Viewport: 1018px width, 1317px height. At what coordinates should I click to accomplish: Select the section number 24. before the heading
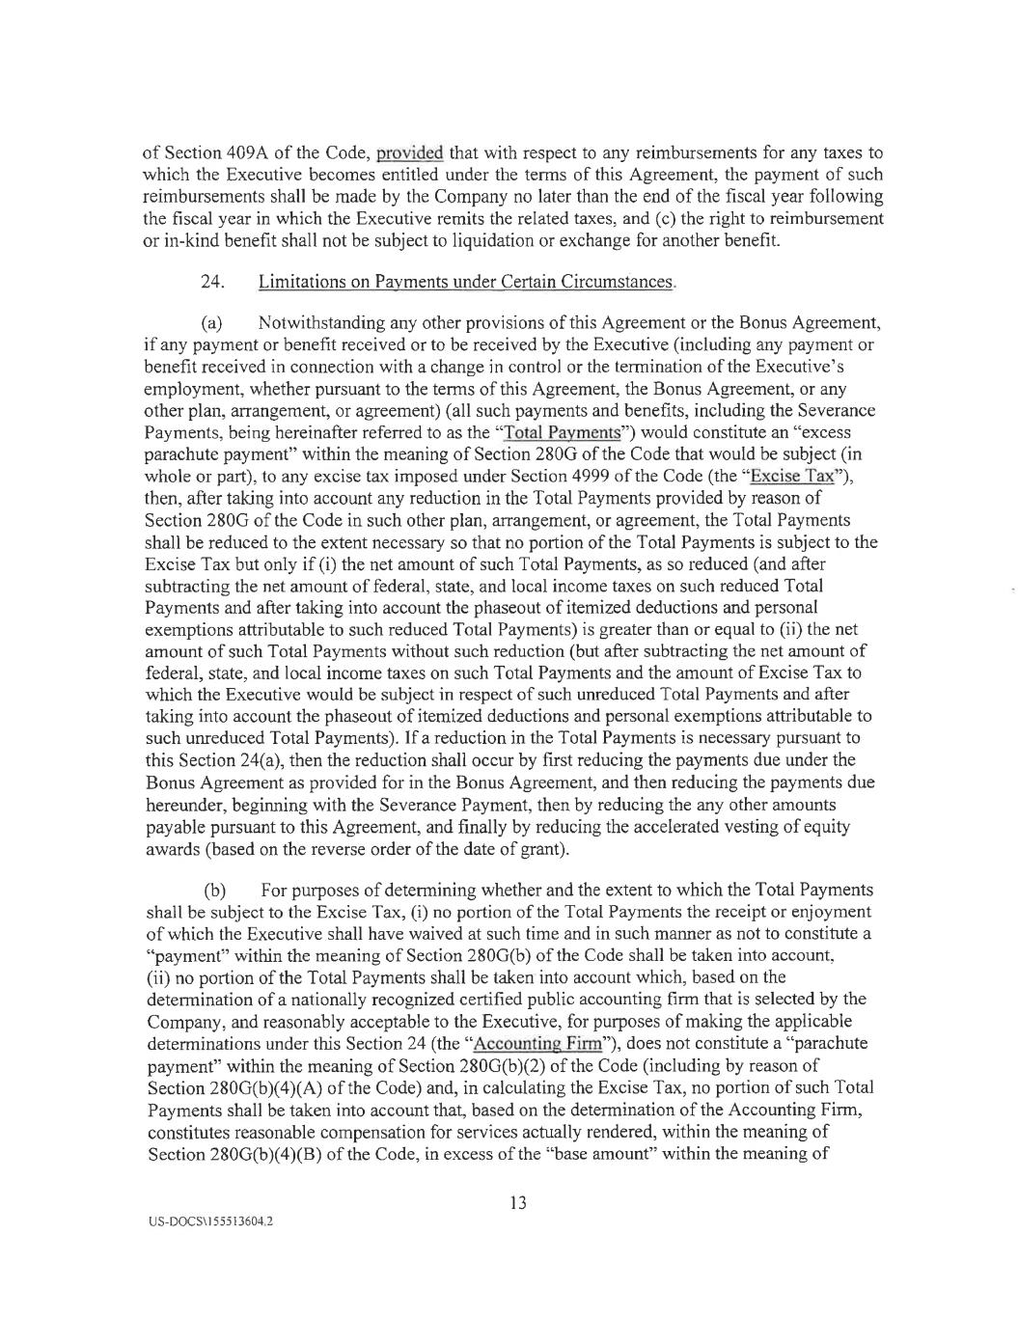coord(212,281)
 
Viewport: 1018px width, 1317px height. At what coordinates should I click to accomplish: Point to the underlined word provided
coord(409,152)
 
